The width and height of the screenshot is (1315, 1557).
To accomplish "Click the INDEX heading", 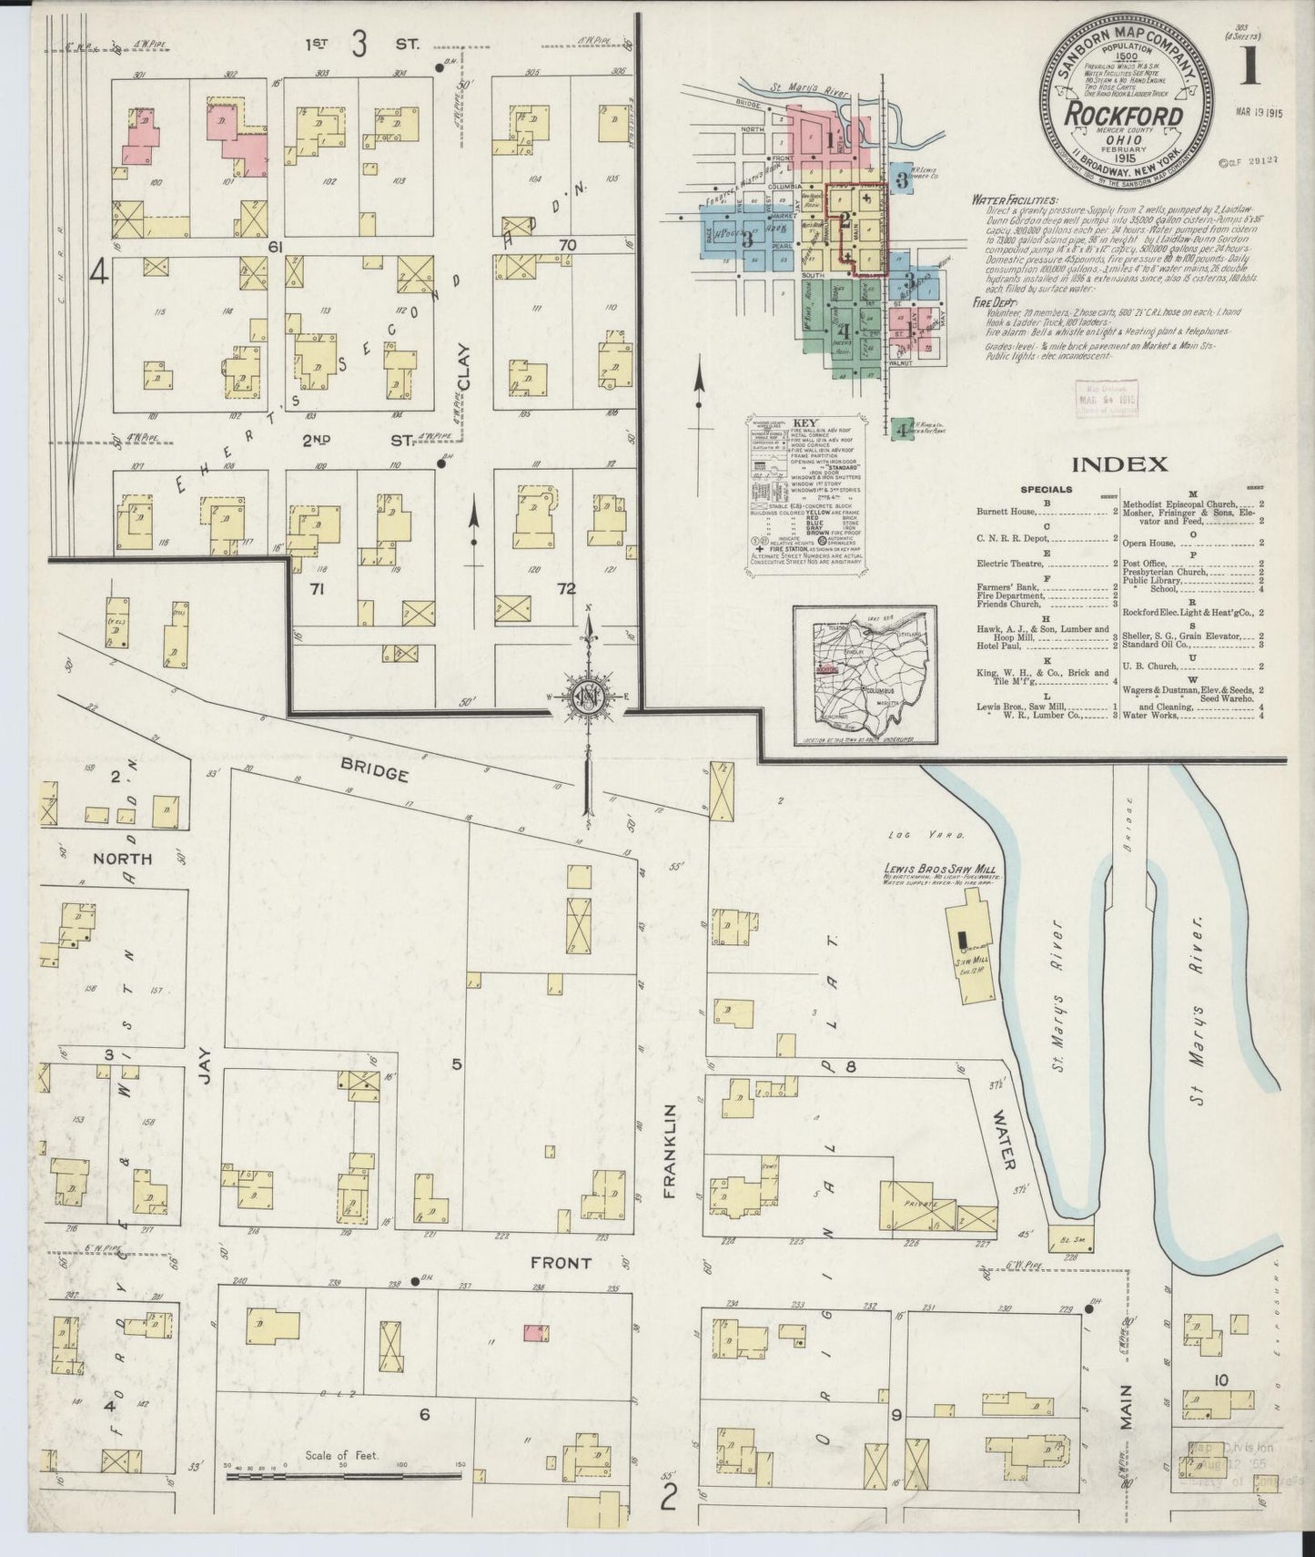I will [1119, 464].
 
